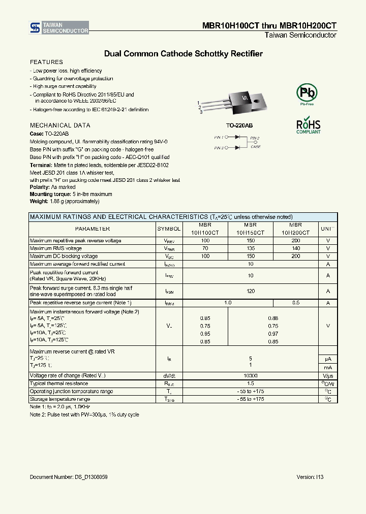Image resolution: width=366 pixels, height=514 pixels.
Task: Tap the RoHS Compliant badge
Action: tap(309, 126)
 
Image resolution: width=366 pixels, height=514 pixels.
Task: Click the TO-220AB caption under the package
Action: tap(239, 125)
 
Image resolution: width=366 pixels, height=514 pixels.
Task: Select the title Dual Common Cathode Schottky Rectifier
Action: tap(183, 53)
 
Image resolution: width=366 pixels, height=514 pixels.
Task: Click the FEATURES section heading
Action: tap(46, 62)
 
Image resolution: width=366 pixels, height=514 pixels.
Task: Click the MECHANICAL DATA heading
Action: tap(60, 125)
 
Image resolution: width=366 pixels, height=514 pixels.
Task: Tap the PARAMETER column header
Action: tap(93, 229)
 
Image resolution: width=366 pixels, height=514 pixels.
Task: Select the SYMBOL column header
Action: tap(169, 229)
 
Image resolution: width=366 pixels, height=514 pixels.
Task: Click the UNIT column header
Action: tap(328, 229)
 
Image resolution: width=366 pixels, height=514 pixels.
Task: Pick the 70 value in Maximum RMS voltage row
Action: tap(205, 248)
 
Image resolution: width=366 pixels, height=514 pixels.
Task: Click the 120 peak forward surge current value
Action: tap(250, 292)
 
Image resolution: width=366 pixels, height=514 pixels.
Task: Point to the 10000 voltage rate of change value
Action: tap(250, 375)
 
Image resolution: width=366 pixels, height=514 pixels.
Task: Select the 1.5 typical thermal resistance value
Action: tap(250, 383)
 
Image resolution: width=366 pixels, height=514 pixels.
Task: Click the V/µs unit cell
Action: tap(328, 375)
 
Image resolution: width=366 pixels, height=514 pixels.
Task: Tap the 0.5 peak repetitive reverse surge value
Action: tap(295, 303)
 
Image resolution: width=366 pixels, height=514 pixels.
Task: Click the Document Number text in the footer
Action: tap(69, 477)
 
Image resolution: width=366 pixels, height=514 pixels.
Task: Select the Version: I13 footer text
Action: tap(310, 477)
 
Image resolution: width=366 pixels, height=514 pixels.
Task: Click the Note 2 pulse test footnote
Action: tap(84, 414)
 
